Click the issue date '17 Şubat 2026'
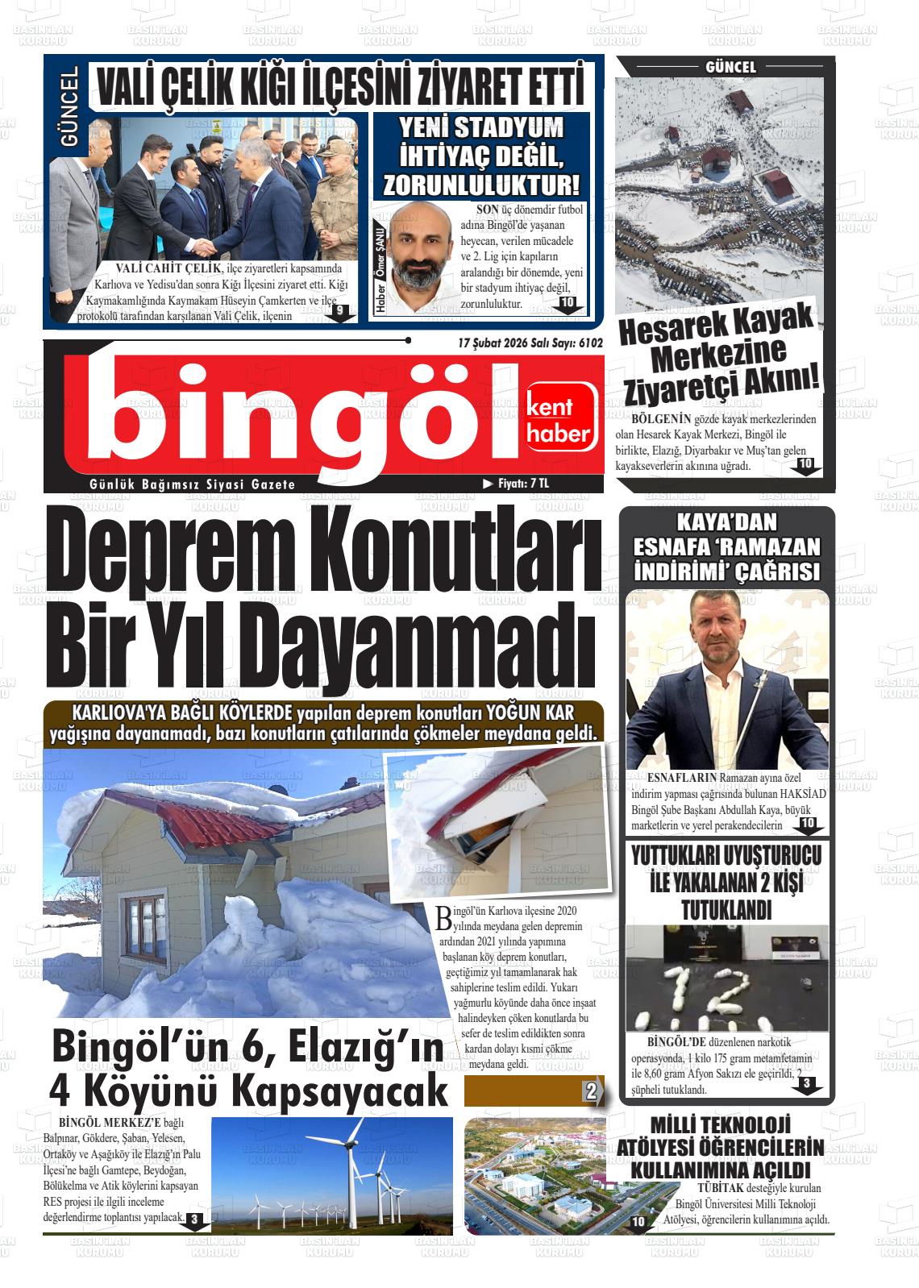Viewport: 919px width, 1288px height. click(x=492, y=343)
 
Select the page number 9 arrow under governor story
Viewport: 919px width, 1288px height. click(x=340, y=312)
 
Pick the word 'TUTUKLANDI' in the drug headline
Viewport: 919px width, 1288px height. click(x=726, y=911)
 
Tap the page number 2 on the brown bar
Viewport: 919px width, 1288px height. click(x=591, y=1092)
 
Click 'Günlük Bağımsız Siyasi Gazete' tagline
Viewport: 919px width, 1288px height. click(x=193, y=484)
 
